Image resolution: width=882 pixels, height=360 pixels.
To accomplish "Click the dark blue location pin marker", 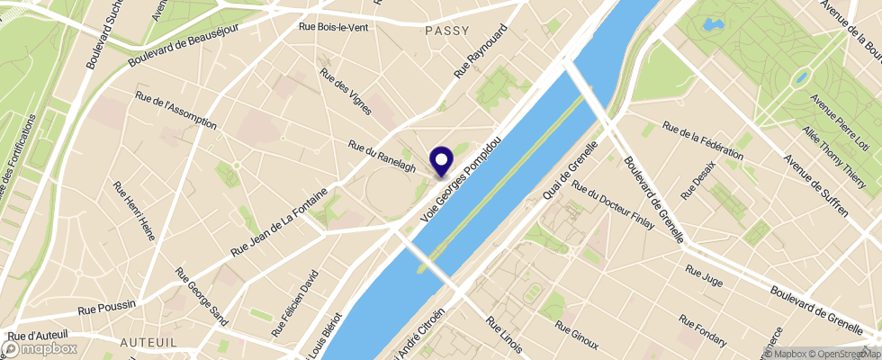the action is coord(442,162).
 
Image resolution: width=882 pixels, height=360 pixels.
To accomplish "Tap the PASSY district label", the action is coord(446,31).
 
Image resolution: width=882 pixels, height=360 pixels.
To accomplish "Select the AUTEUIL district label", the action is coord(148,343).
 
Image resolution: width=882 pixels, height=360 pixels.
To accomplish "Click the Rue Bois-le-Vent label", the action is coord(333,27).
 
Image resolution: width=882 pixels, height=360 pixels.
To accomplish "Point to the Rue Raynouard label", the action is coord(481,50).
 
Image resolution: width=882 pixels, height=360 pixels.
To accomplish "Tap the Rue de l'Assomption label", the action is coord(175,109).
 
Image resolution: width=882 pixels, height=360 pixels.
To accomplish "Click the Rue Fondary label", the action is coord(703,330).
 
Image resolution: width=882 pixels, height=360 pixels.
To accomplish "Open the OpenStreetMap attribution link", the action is coord(842,354).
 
